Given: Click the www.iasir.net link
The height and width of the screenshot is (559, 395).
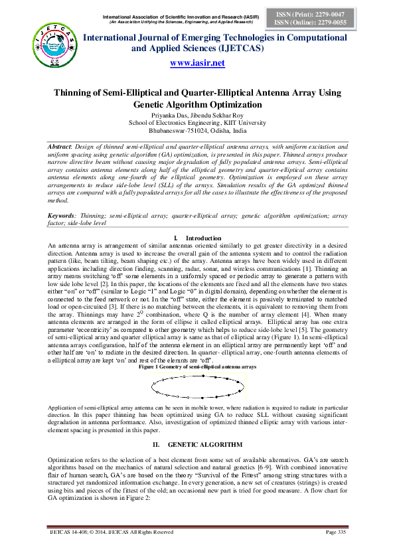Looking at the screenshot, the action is point(198,63).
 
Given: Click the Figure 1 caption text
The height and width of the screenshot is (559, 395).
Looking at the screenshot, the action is point(197,366).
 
